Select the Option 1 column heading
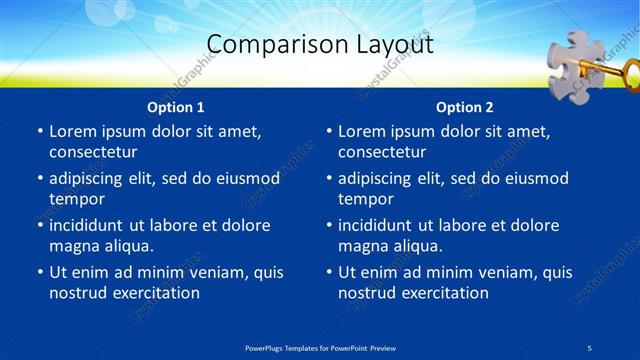176,107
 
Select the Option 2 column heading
465,107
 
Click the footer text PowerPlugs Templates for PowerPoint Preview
320,347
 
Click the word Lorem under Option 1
75,131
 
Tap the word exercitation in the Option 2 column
444,293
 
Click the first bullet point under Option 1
40,131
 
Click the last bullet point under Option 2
329,272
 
